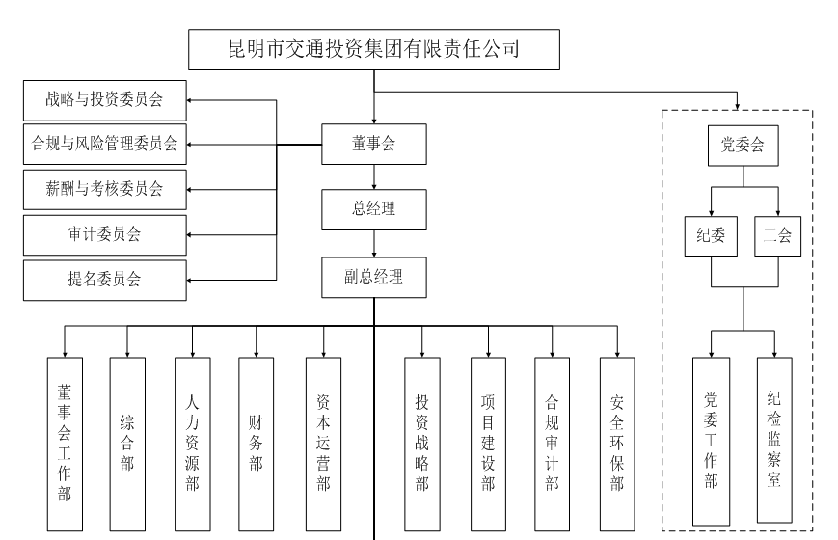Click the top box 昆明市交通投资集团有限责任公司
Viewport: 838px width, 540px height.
[373, 49]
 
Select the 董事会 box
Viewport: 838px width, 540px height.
[373, 145]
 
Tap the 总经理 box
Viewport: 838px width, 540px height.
[373, 207]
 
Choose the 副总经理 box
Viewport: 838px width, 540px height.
[373, 278]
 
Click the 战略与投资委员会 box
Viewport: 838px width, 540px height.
[104, 100]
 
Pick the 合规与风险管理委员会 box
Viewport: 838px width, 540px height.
[104, 144]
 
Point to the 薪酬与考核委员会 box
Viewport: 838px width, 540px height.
[104, 189]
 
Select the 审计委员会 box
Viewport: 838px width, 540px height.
[104, 233]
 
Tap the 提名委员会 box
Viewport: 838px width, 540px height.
[104, 279]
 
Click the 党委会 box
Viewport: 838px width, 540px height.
[743, 146]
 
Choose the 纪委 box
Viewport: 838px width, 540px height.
[710, 235]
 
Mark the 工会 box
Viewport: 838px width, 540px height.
[776, 235]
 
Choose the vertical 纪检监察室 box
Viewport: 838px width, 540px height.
[774, 441]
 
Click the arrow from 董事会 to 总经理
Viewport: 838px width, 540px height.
[373, 177]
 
